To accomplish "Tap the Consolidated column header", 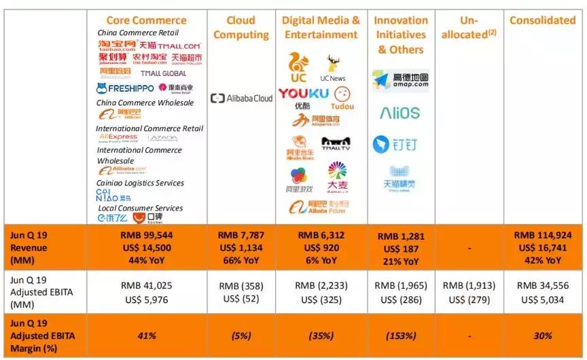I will coord(542,20).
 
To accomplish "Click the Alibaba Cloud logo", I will coord(241,98).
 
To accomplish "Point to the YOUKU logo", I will coord(303,94).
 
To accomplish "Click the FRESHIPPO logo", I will coord(125,88).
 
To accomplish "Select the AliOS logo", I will coord(399,113).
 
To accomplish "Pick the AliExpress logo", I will coord(118,137).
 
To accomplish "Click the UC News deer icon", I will coord(333,65).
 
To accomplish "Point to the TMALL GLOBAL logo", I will coord(163,73).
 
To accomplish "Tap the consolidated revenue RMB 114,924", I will coord(542,236).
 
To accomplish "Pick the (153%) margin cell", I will coord(400,336).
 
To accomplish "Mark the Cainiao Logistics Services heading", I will coord(140,183).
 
